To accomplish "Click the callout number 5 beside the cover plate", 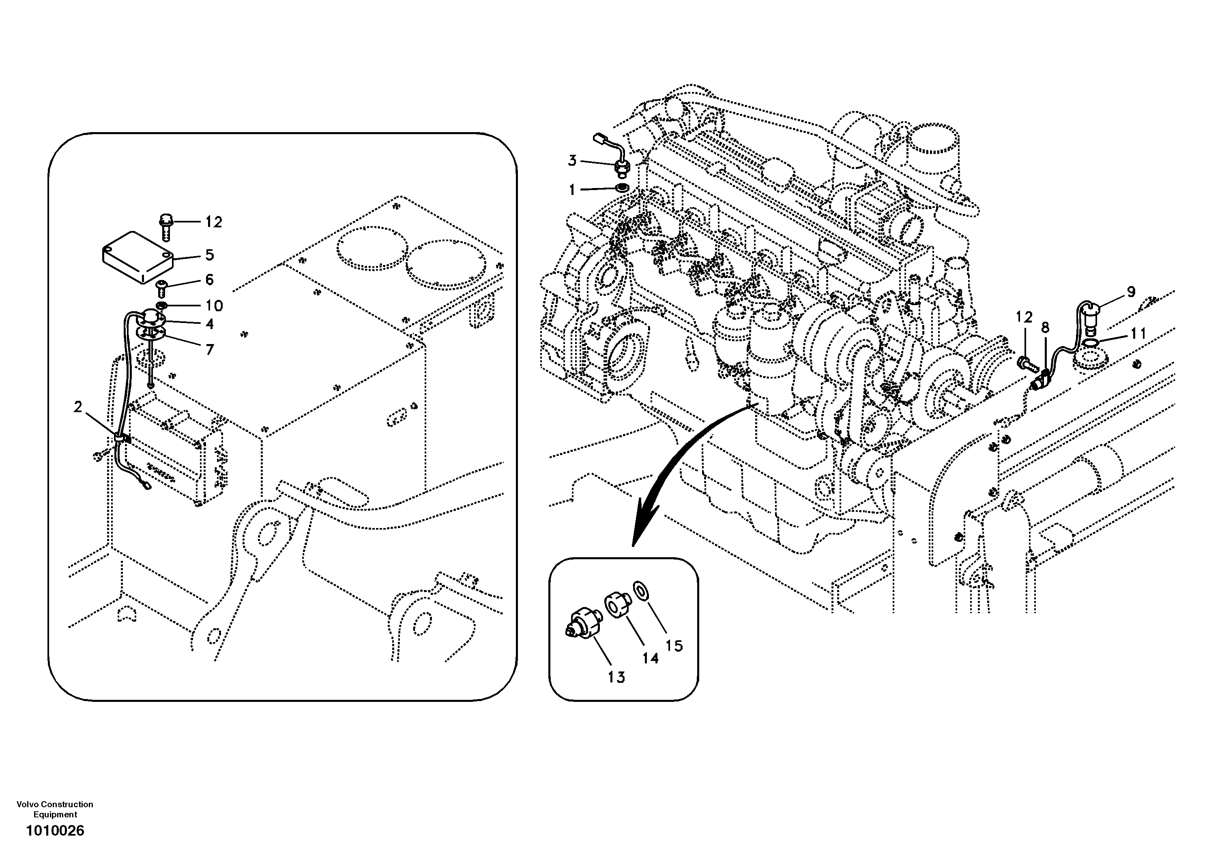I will tap(210, 255).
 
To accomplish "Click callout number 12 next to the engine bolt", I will tap(1024, 317).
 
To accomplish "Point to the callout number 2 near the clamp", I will tap(78, 406).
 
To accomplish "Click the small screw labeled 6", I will tap(162, 287).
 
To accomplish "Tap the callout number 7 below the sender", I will tap(210, 349).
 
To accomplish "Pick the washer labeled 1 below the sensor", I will tap(622, 188).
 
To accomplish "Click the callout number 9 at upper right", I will tap(1131, 291).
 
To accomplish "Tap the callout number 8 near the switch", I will tap(1045, 328).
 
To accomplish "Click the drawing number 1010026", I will tap(55, 830).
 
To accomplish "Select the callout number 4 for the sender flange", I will tap(210, 324).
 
